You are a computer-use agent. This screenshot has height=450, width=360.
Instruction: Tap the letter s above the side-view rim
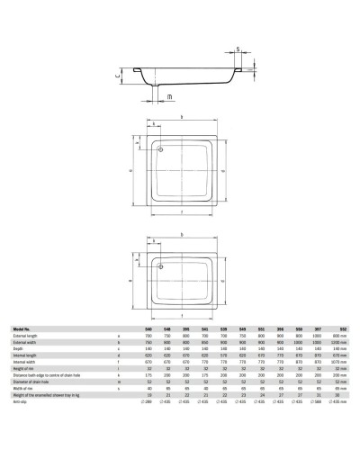click(238, 49)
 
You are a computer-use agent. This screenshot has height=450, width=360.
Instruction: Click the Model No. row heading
click(25, 330)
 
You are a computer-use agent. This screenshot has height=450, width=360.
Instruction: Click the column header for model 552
click(334, 330)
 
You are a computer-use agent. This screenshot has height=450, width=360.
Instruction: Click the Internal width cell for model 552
click(334, 360)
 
